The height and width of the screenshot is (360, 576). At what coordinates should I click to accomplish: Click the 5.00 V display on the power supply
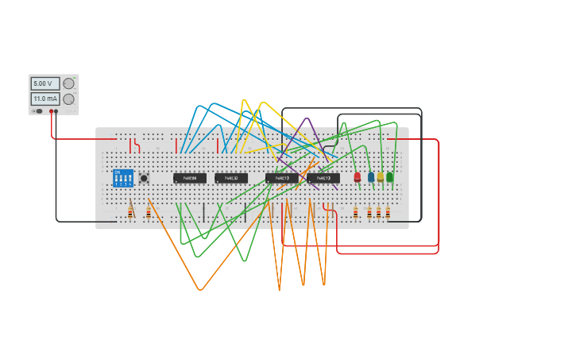[44, 83]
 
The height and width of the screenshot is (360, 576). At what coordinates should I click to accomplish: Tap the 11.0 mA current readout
[44, 99]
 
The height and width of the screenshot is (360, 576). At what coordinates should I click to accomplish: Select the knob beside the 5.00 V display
[69, 83]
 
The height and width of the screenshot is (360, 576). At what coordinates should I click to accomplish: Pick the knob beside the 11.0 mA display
[69, 99]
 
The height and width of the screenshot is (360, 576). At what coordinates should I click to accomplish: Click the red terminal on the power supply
[53, 111]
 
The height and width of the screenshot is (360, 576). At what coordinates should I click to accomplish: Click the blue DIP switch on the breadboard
[122, 178]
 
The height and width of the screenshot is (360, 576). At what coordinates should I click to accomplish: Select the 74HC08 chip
[190, 178]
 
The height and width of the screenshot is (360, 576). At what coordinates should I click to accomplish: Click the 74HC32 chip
[231, 178]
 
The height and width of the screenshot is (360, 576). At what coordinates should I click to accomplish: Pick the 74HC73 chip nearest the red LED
[323, 179]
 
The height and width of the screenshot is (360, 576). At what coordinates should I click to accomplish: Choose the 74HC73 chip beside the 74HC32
[282, 179]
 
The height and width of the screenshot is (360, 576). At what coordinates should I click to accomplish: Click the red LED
[358, 176]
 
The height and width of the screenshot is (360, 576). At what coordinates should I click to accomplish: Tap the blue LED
[370, 176]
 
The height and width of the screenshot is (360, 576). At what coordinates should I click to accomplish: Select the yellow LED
[381, 176]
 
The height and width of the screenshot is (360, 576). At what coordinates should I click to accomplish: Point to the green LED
[390, 176]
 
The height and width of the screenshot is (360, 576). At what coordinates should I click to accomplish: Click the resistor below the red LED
[356, 212]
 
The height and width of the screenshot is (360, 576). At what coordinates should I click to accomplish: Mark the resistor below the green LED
[388, 212]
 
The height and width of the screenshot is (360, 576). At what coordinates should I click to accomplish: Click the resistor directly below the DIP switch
[131, 211]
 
